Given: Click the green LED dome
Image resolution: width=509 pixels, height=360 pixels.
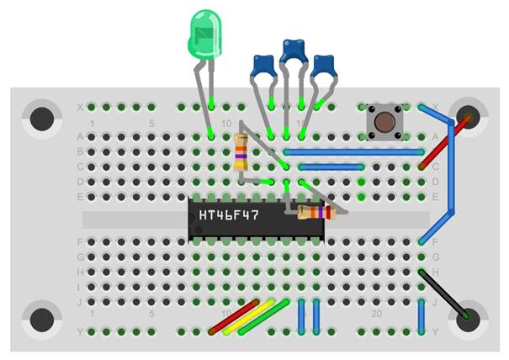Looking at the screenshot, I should click(x=204, y=34).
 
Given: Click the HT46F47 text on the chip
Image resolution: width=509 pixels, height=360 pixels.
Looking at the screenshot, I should click(x=229, y=214).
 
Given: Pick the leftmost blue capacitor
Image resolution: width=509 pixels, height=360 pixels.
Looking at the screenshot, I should click(x=263, y=66).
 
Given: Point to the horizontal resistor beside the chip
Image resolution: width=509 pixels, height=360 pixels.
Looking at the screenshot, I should click(x=316, y=213).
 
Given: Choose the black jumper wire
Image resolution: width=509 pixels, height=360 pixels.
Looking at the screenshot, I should click(x=443, y=294).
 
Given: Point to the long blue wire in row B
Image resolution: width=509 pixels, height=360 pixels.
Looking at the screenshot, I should click(x=353, y=152).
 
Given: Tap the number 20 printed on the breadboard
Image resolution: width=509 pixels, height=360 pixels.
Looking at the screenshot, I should click(x=378, y=313).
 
